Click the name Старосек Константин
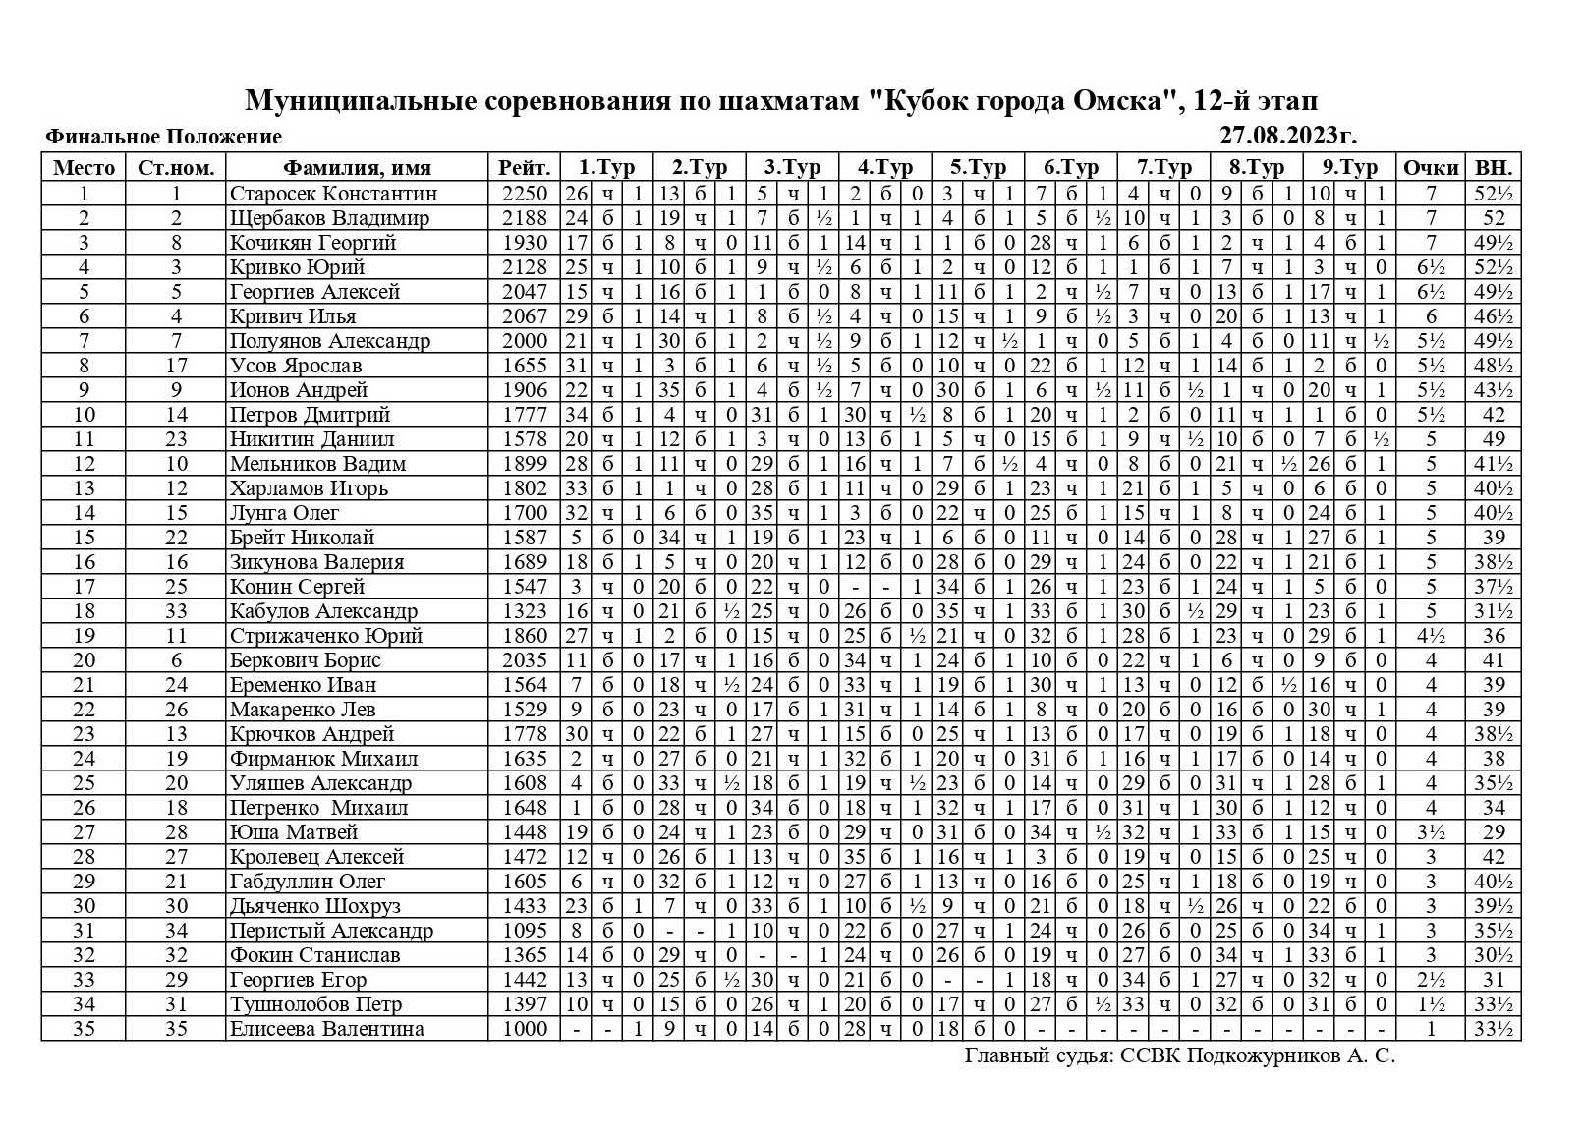(333, 194)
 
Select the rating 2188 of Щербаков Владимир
(524, 218)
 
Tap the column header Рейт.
(524, 168)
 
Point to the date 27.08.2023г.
(1287, 136)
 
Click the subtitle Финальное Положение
(163, 137)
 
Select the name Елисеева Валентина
(327, 1029)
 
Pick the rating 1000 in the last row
(524, 1029)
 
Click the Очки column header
(1430, 168)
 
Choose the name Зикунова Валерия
(317, 562)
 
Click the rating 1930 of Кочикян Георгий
(524, 243)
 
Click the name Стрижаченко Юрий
(326, 636)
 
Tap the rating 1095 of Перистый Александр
(524, 931)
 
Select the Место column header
(84, 168)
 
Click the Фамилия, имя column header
(357, 168)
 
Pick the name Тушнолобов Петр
(316, 1004)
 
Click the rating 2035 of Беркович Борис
(524, 660)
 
